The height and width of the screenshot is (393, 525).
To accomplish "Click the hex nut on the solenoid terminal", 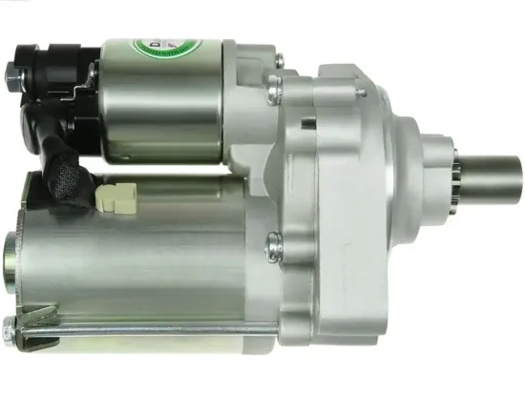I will coord(13,70).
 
